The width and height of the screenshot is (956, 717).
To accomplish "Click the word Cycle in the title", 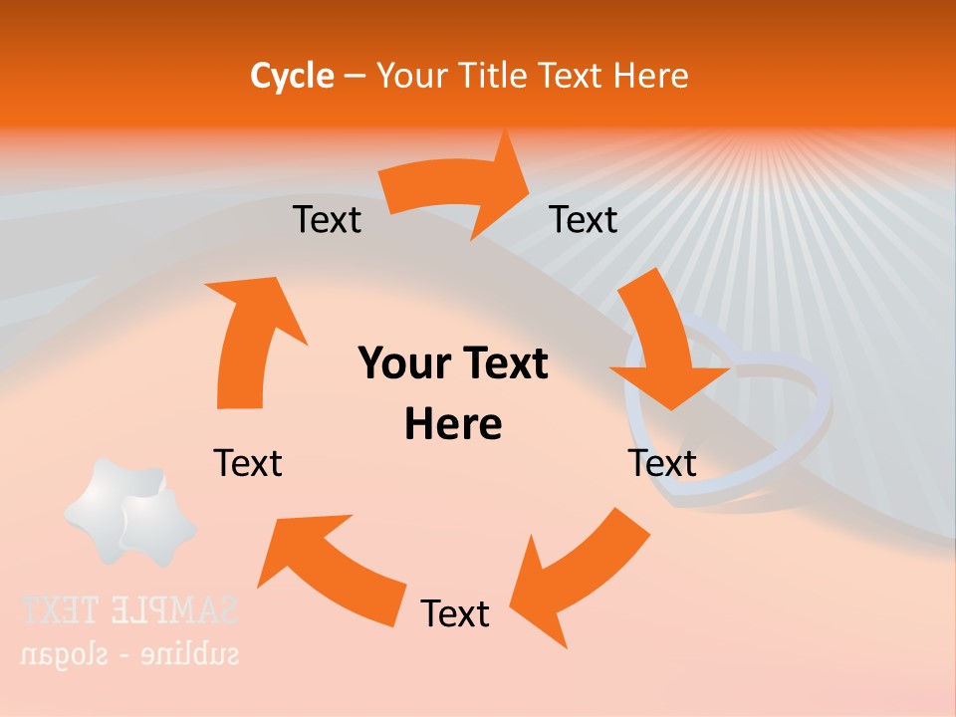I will (292, 76).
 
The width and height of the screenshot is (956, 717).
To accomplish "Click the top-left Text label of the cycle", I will (327, 219).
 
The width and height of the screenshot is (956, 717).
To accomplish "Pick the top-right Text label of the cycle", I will (584, 219).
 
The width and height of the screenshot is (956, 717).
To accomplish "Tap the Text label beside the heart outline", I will (662, 463).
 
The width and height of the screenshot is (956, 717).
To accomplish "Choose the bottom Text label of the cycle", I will (455, 613).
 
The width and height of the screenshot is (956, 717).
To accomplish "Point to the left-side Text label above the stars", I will (248, 463).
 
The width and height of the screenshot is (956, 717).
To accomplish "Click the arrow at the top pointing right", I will (458, 186).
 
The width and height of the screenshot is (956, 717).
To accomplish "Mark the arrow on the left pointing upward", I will (249, 339).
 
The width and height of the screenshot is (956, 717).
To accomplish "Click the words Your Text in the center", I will (453, 363).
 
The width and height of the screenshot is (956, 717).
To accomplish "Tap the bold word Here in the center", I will (453, 424).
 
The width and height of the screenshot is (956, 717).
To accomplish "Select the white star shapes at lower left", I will (129, 513).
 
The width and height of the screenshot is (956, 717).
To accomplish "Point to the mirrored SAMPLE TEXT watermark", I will (129, 609).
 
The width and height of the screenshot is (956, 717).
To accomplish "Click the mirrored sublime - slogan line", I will (129, 654).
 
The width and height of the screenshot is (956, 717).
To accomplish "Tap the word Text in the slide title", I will (571, 76).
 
